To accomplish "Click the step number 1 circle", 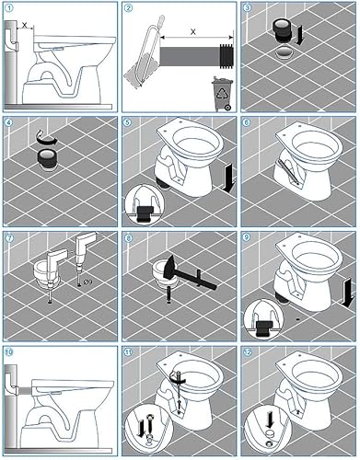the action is [x=9, y=8].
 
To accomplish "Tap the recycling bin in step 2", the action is [x=223, y=94].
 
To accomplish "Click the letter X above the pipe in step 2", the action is [x=193, y=31].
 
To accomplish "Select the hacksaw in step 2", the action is [x=143, y=54].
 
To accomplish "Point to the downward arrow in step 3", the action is [x=300, y=35].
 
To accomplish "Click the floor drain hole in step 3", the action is [x=285, y=52].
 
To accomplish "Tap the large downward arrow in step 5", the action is [x=229, y=178].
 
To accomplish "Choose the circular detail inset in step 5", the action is [x=145, y=204].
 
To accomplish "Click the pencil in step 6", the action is [x=288, y=172].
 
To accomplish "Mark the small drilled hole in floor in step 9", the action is [x=298, y=319].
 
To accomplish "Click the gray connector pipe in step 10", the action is [x=26, y=391].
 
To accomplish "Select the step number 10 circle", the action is [x=9, y=352].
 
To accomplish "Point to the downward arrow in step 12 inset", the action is [x=270, y=420].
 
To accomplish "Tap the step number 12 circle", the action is [x=248, y=352].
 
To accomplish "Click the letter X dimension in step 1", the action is [x=25, y=25].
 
